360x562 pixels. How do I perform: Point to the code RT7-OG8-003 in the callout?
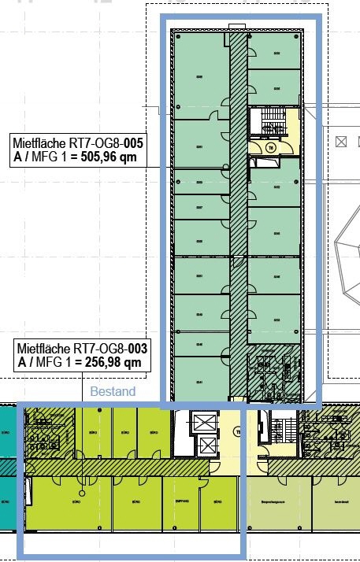tap(110, 349)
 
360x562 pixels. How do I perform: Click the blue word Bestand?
tap(113, 391)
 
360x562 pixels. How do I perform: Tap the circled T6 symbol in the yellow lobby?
tap(269, 146)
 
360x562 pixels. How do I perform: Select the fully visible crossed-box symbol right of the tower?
tap(341, 142)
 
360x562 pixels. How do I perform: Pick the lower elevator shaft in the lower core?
tap(206, 446)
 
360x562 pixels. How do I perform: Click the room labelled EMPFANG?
tap(180, 504)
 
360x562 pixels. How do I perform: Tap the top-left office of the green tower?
tap(200, 75)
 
